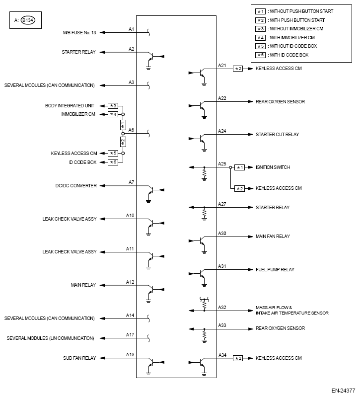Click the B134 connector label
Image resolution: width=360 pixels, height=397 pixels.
(x=31, y=21)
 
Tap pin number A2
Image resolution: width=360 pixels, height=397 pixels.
(x=132, y=49)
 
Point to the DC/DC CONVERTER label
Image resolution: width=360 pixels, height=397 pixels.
(x=76, y=185)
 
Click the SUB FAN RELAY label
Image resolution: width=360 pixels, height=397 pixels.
(x=79, y=358)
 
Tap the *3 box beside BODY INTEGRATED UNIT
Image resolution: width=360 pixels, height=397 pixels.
(x=113, y=106)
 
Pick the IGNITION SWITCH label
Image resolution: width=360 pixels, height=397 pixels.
(x=273, y=167)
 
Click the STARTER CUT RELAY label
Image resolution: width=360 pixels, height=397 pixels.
(x=277, y=134)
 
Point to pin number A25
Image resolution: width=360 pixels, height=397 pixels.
(x=222, y=163)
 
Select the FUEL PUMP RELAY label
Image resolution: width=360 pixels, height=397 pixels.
(x=275, y=269)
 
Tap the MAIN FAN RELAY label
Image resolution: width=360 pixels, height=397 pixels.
(x=273, y=236)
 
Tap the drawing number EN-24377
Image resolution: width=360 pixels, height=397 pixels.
(x=344, y=390)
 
